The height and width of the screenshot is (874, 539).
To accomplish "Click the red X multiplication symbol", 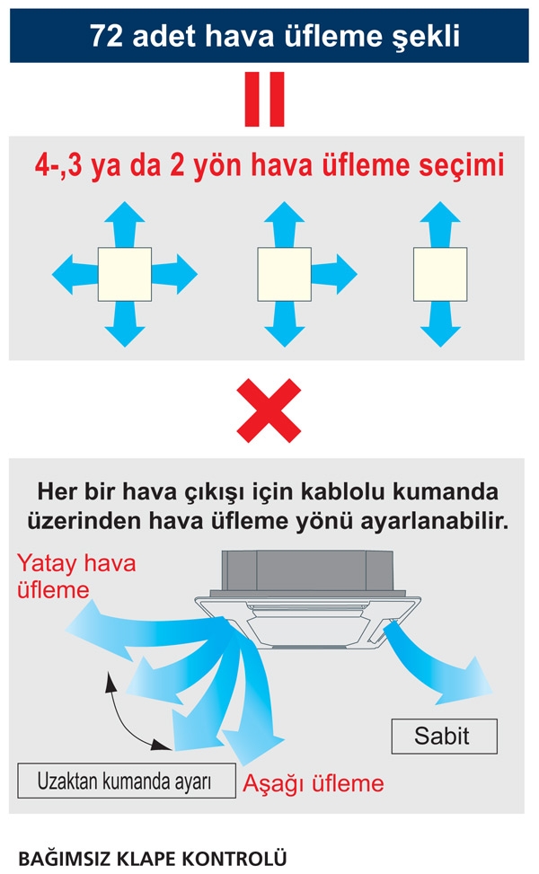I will [269, 410].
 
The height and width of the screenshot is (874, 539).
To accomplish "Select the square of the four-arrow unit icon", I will [125, 275].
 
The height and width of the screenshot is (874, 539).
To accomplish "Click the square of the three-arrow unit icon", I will [284, 275].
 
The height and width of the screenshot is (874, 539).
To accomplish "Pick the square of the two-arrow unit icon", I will [439, 275].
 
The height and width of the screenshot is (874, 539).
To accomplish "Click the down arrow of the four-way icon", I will [125, 327].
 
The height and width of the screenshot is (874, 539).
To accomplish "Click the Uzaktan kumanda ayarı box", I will [125, 781].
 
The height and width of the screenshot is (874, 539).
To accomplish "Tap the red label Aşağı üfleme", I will [314, 783].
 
